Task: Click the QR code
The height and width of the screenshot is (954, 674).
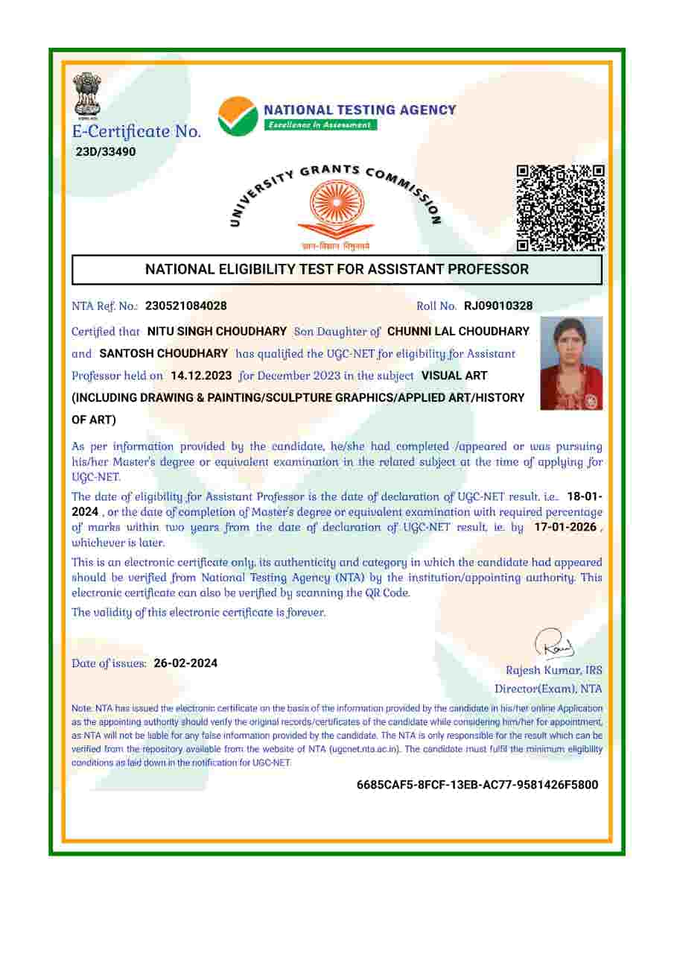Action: coord(560,208)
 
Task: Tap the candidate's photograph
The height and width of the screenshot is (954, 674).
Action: coord(571,363)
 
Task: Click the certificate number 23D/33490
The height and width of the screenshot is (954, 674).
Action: coord(106,152)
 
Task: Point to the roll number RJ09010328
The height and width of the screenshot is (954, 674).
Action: coord(498,306)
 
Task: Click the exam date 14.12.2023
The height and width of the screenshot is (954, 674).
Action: coord(201,375)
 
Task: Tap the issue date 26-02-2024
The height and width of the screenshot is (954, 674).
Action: coord(185,663)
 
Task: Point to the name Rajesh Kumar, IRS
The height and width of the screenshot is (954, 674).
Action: coord(554,670)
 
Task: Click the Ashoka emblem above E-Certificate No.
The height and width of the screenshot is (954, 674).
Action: coord(86,96)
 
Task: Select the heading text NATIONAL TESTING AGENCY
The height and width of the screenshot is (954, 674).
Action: coord(360,110)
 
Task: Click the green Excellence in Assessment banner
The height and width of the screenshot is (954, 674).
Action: coord(321,124)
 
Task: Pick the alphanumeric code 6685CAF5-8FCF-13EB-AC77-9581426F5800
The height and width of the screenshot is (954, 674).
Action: coord(477,785)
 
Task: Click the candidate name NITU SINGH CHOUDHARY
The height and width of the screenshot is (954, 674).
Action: coord(217,331)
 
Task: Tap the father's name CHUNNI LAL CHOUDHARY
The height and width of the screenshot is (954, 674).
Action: coord(458,331)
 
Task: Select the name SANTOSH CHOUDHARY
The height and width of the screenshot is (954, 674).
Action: coord(163,353)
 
